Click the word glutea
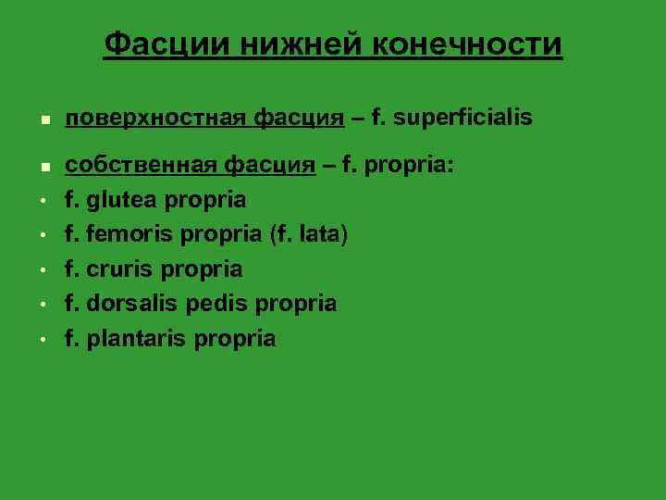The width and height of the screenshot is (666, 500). [x=122, y=200]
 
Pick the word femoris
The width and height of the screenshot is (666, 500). [x=129, y=234]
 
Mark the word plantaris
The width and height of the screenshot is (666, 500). [x=136, y=339]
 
